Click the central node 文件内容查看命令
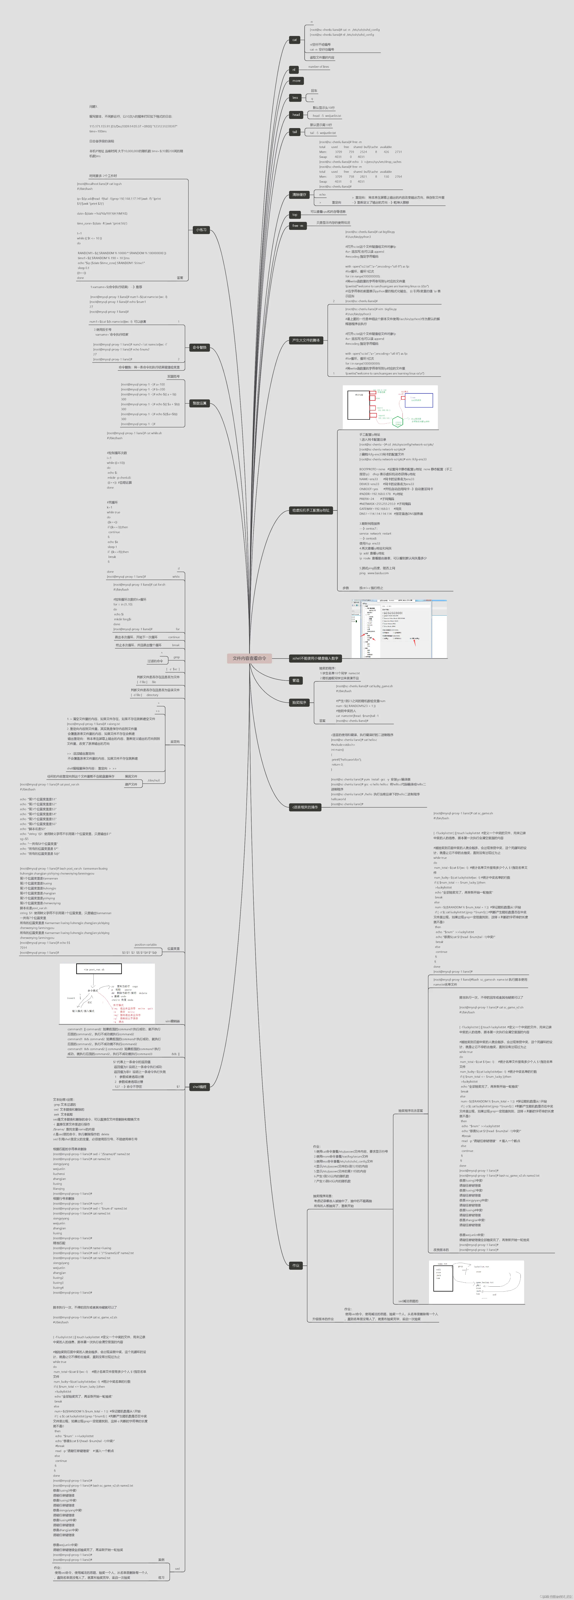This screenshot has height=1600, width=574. click(249, 658)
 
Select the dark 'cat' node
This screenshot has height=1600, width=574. click(294, 40)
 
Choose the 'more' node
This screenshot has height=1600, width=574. click(296, 81)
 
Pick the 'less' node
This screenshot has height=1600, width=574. click(295, 97)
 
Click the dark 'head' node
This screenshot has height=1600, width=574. click(296, 115)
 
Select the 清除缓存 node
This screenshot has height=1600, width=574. click(299, 194)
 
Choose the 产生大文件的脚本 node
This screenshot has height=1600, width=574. click(306, 340)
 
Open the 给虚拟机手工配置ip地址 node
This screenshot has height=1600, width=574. click(311, 511)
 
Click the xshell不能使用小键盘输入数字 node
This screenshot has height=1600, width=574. click(315, 658)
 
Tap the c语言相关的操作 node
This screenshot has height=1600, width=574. click(304, 807)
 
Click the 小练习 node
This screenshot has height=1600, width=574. click(201, 230)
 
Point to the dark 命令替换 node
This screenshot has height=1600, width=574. click(199, 348)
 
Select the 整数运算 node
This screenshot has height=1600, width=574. click(199, 403)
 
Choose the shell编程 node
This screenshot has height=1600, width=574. click(199, 1087)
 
